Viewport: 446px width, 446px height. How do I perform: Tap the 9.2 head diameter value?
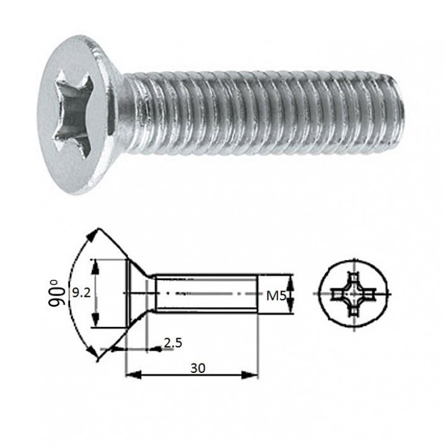[x=81, y=293]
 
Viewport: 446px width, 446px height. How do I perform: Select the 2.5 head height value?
[x=173, y=343]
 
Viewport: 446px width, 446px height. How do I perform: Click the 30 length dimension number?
[x=198, y=369]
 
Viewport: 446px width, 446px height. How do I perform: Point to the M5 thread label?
[x=276, y=296]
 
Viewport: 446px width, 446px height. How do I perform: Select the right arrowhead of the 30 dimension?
[x=250, y=375]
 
